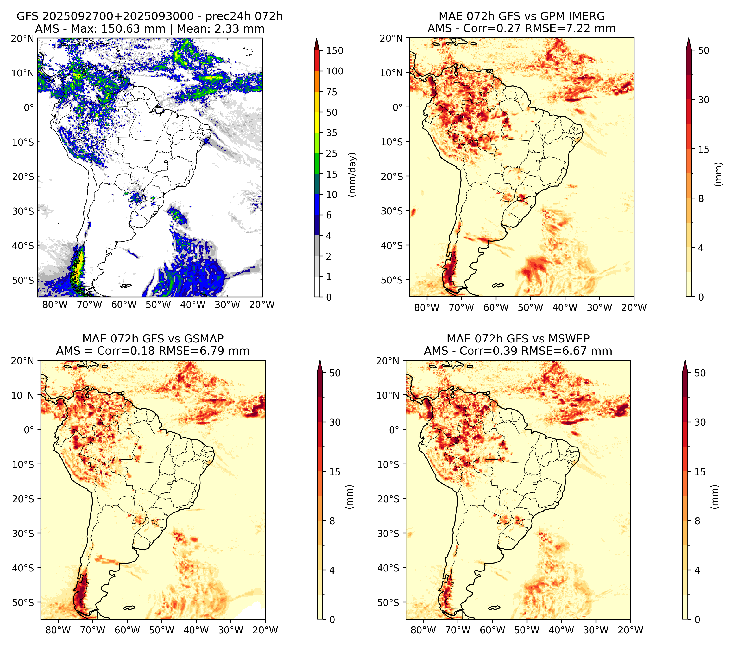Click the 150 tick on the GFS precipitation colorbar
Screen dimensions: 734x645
click(334, 51)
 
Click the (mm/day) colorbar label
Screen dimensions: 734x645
click(353, 174)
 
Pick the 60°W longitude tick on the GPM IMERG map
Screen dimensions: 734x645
click(496, 307)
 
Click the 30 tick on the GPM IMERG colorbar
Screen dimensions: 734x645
click(704, 100)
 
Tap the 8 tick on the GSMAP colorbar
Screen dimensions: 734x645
click(332, 521)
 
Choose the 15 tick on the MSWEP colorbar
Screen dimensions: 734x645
click(700, 472)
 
